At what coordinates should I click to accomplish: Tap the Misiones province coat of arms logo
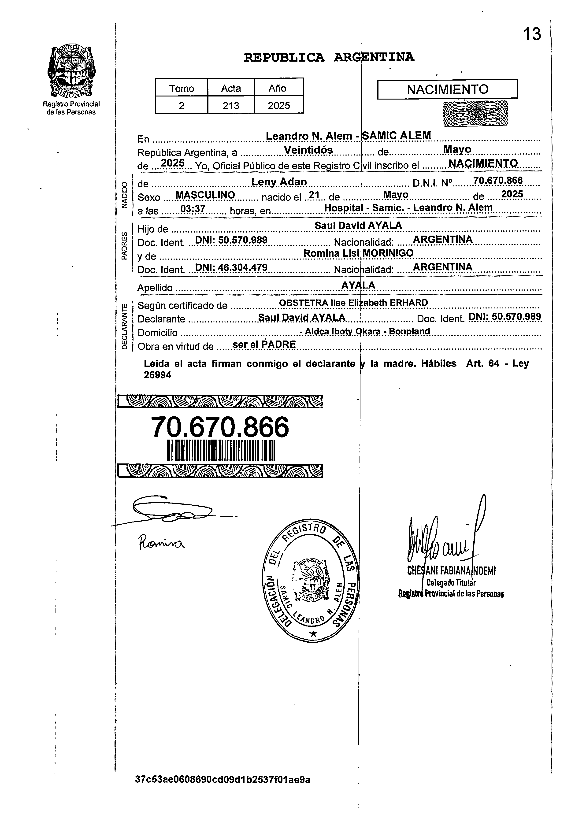point(71,72)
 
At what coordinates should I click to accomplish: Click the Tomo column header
point(182,89)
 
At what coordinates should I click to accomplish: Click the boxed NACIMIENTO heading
point(447,89)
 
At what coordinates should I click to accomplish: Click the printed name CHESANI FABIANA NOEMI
point(451,570)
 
